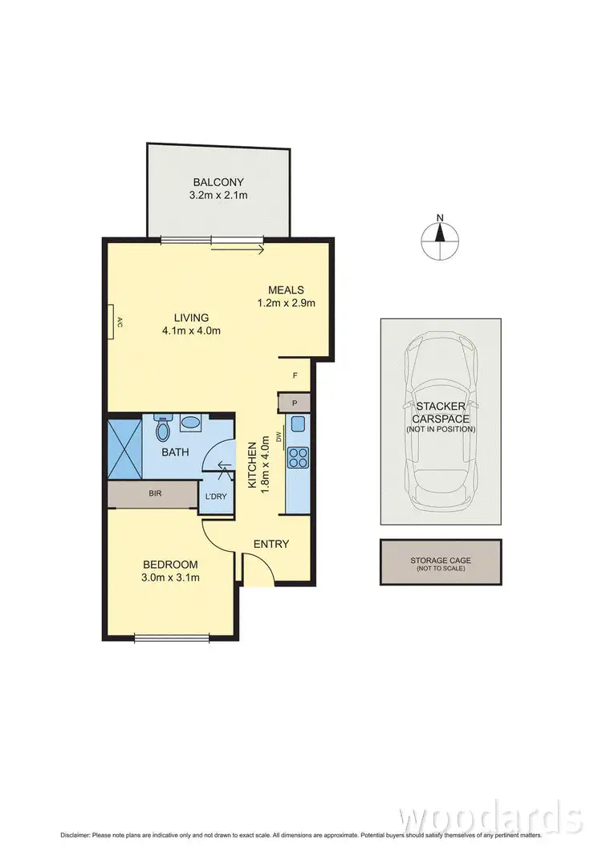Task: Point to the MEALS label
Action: [286, 290]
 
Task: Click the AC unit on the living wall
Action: [115, 323]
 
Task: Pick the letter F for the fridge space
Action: [295, 375]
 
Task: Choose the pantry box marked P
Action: [295, 403]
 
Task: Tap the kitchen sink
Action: [297, 425]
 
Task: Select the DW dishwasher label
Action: [279, 438]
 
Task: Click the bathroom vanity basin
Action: [192, 422]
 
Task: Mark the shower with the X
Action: [125, 447]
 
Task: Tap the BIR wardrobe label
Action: [155, 493]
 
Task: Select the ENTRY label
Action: [270, 544]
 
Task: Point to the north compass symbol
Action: [440, 234]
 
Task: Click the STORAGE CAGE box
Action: [441, 562]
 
